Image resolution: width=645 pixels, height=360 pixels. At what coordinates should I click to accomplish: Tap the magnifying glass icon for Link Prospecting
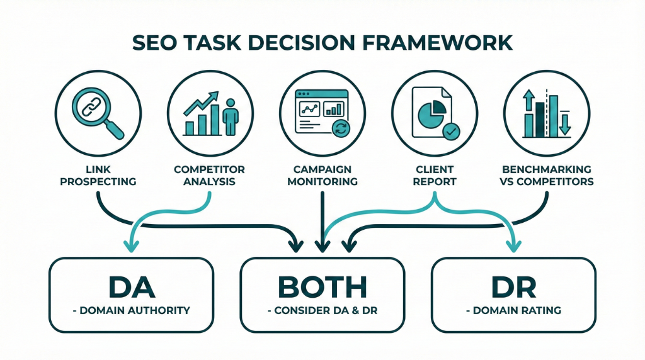click(94, 110)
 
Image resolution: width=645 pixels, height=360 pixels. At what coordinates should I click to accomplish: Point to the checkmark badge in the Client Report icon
click(451, 132)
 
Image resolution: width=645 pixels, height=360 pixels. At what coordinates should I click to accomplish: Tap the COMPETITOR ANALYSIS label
click(209, 176)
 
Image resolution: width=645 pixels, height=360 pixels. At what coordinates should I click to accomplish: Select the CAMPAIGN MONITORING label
click(322, 176)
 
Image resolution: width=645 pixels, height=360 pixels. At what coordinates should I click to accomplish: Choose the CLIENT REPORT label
click(435, 176)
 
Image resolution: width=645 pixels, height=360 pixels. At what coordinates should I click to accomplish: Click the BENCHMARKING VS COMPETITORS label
click(546, 176)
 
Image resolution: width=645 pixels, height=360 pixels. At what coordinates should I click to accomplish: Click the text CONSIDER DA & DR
click(322, 310)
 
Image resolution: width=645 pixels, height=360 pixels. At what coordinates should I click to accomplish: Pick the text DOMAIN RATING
click(513, 310)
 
